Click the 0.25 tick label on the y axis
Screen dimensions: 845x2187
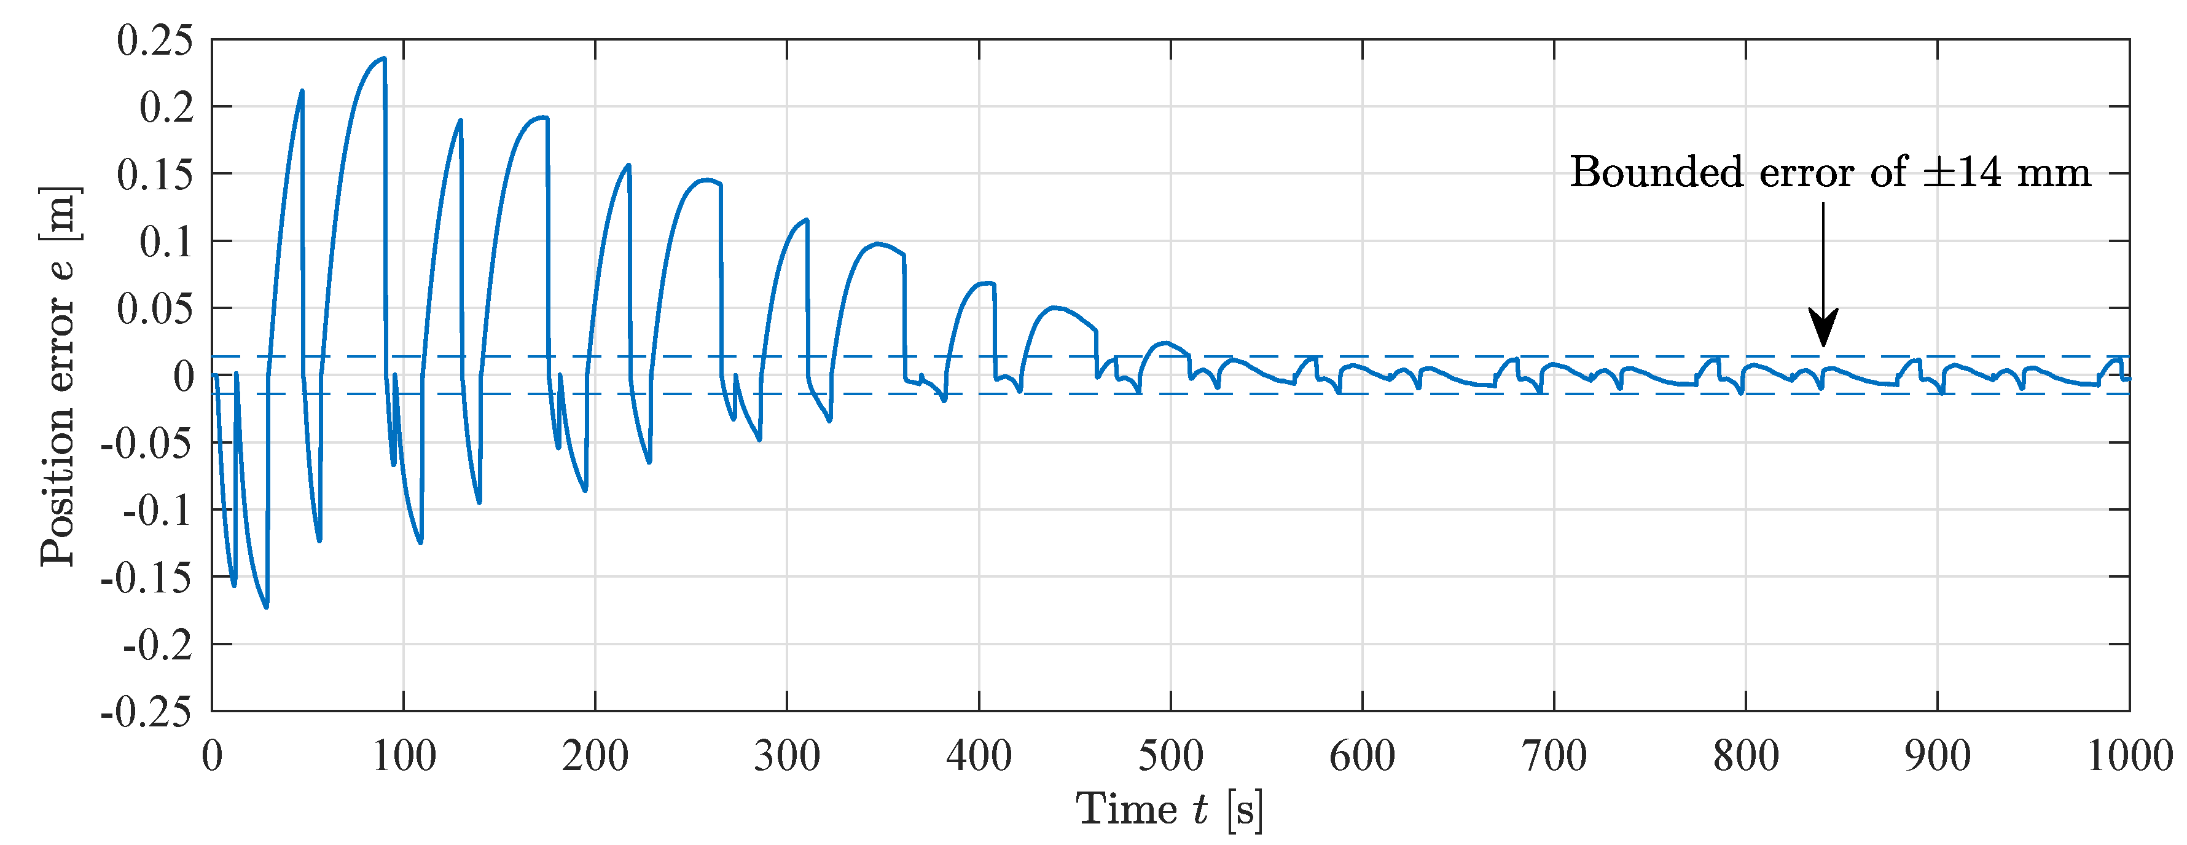click(x=155, y=41)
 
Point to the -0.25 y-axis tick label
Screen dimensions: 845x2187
click(x=146, y=712)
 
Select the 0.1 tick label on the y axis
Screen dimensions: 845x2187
click(x=166, y=242)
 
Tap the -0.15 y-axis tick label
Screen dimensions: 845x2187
click(x=146, y=578)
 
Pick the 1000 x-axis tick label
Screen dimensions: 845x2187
click(x=2129, y=756)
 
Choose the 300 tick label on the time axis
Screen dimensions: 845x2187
click(x=787, y=756)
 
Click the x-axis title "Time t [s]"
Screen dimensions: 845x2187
click(x=1169, y=809)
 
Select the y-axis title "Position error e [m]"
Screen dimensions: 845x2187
click(x=60, y=375)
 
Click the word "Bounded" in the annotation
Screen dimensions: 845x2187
click(x=1656, y=173)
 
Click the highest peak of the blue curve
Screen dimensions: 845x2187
click(x=384, y=58)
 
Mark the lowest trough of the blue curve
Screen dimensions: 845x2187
click(x=267, y=607)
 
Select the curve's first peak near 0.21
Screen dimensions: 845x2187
click(x=302, y=91)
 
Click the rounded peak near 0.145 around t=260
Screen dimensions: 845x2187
click(x=706, y=180)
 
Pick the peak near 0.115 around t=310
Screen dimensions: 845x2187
click(x=807, y=220)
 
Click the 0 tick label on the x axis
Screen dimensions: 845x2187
click(x=212, y=756)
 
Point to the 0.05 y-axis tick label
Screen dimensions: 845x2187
click(x=155, y=309)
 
